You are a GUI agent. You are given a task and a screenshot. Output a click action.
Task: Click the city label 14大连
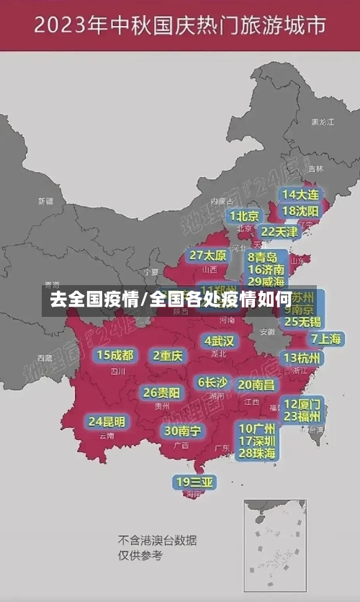pyautogui.click(x=300, y=194)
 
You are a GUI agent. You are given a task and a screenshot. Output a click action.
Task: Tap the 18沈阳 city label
pyautogui.click(x=300, y=211)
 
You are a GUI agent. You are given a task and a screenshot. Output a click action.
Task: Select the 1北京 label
pyautogui.click(x=245, y=216)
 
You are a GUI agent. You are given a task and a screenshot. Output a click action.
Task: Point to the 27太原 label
pyautogui.click(x=207, y=256)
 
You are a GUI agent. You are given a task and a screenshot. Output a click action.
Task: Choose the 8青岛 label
pyautogui.click(x=263, y=257)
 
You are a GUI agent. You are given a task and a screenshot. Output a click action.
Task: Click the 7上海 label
pyautogui.click(x=326, y=338)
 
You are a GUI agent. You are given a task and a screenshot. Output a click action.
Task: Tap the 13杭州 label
pyautogui.click(x=302, y=358)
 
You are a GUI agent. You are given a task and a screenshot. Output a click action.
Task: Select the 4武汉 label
pyautogui.click(x=219, y=341)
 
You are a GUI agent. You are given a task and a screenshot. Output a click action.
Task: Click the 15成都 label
pyautogui.click(x=115, y=355)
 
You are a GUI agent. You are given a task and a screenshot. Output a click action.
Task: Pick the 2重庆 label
pyautogui.click(x=169, y=355)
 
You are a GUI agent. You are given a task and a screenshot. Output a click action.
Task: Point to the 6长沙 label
pyautogui.click(x=213, y=382)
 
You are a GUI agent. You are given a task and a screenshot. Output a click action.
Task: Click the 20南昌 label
pyautogui.click(x=256, y=385)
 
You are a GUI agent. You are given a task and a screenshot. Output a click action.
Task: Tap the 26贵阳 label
pyautogui.click(x=162, y=393)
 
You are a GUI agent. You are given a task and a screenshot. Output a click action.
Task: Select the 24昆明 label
pyautogui.click(x=107, y=421)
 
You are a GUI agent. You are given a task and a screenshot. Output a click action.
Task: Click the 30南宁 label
pyautogui.click(x=183, y=431)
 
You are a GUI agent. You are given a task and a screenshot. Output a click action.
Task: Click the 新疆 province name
pyautogui.click(x=46, y=201)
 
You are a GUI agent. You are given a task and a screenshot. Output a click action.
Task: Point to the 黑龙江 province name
pyautogui.click(x=322, y=122)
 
